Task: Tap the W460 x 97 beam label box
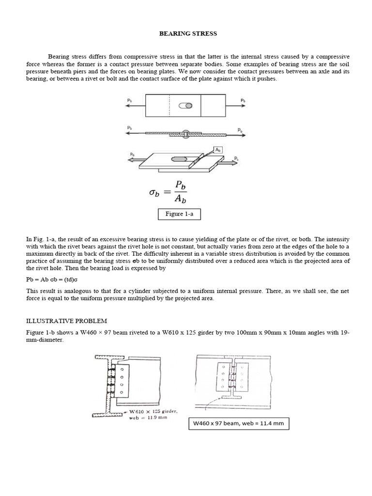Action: coord(239,424)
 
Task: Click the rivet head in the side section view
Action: coord(186,131)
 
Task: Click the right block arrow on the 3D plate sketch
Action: coord(227,164)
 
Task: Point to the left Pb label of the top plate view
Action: coord(129,101)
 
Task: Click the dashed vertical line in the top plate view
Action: coord(169,106)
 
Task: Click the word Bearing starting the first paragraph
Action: coord(59,57)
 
